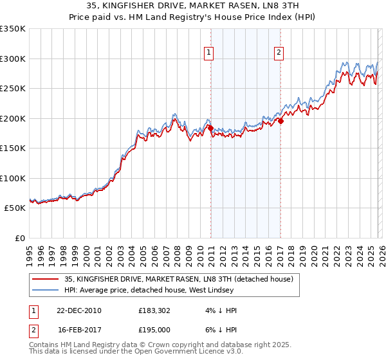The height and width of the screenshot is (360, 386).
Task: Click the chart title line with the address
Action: point(192,5)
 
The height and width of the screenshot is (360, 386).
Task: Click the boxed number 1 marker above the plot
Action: point(210,53)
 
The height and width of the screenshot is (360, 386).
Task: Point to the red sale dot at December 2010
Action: point(210,128)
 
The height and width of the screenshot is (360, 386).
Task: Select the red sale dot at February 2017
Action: point(280,121)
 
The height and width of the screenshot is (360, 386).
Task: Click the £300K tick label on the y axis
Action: point(13,59)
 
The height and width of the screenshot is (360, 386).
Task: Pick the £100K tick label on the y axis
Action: point(13,178)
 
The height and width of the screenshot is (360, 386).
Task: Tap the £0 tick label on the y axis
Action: point(19,238)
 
